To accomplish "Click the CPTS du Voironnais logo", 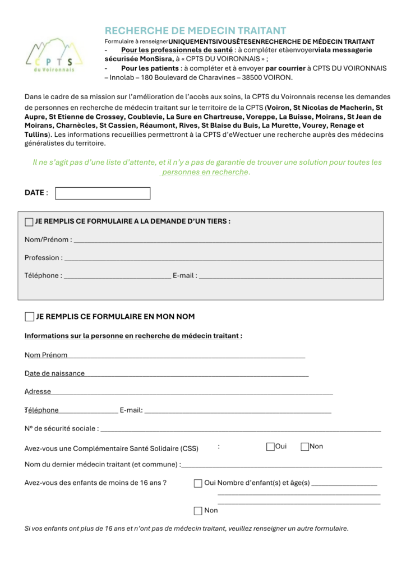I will [54, 54].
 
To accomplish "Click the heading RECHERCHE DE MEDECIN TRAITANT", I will [195, 31].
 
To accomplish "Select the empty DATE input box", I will [103, 193].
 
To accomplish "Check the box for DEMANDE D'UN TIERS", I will [29, 222].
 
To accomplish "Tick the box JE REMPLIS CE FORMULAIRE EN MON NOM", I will [29, 317].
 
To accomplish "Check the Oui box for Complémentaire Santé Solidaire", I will [270, 447].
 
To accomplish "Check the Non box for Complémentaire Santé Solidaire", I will [305, 447].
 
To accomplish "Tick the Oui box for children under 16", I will [198, 483].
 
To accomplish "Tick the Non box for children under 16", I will [198, 511].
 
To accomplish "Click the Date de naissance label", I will [54, 373].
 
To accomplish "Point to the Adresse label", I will [38, 391].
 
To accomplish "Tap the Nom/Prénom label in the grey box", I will [48, 240].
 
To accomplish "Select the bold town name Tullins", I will [36, 135].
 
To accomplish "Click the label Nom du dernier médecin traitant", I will [102, 465].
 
